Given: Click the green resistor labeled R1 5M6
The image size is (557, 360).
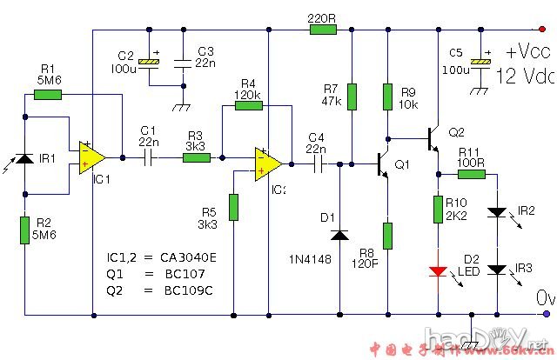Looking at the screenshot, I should tap(47, 94).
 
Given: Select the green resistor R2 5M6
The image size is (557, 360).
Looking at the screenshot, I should tap(24, 230).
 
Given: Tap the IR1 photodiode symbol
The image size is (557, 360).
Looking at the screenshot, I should tap(24, 160).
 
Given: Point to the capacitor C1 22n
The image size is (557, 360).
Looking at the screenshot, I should tap(147, 157).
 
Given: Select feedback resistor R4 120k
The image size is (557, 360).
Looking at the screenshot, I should tap(248, 106).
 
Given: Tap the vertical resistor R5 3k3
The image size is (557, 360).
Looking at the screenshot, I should tap(233, 208).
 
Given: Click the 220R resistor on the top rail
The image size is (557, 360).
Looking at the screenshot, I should tap(322, 30).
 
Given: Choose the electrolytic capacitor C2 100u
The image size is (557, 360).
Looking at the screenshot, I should tap(150, 62).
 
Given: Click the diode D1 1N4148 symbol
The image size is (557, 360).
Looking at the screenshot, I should tap(339, 234).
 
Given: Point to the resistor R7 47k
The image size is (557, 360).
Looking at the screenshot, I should tap(352, 97).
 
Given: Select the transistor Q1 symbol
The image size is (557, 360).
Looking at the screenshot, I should tap(384, 163).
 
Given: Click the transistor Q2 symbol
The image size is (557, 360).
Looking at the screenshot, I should tap(433, 137).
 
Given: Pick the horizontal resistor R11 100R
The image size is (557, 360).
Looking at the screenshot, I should tap(472, 174).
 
